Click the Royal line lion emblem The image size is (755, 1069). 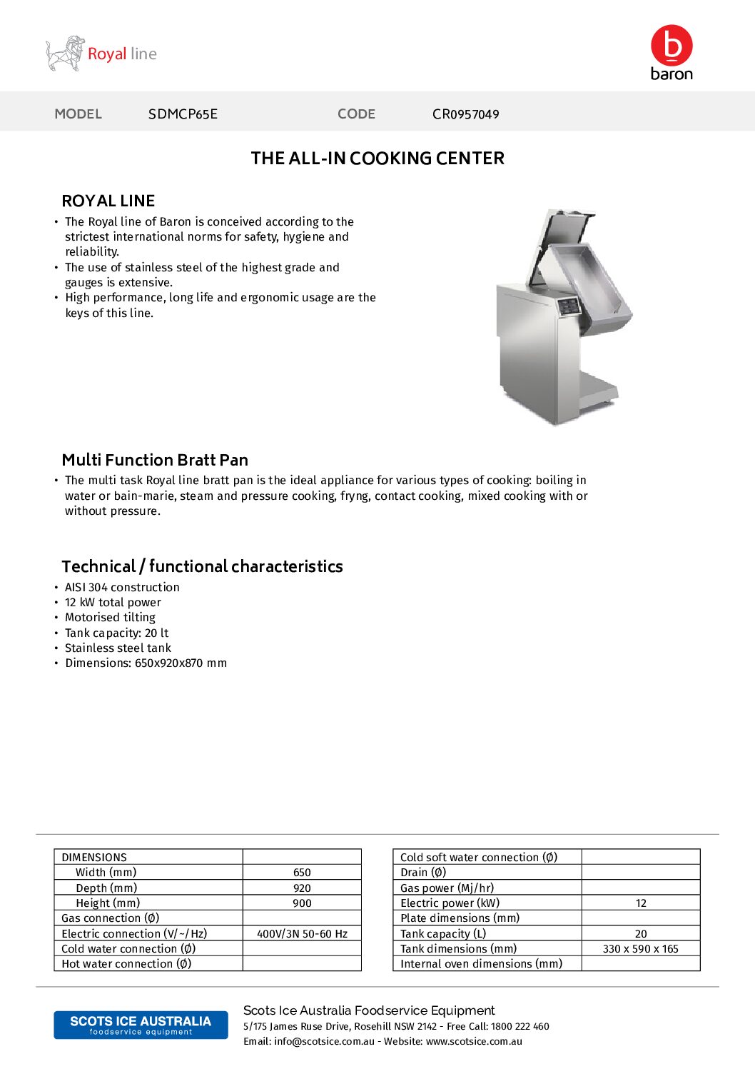(65, 54)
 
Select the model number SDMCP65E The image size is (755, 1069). (183, 114)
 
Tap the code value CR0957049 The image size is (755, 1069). (465, 114)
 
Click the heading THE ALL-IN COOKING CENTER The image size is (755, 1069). (377, 159)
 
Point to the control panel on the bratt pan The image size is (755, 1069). (568, 307)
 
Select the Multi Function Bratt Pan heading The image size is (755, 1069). (155, 460)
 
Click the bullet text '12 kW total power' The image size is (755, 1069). (113, 602)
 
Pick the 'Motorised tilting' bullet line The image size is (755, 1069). (110, 617)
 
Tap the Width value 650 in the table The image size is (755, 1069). (302, 873)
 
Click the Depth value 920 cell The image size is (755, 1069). (302, 888)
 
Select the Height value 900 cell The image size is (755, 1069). (302, 903)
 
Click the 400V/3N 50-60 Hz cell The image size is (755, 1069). (302, 934)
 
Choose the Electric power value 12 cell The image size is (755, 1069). (641, 903)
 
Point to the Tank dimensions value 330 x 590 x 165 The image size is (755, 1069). (640, 949)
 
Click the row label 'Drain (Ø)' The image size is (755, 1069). (423, 873)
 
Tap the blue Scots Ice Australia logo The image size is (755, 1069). (141, 1025)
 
